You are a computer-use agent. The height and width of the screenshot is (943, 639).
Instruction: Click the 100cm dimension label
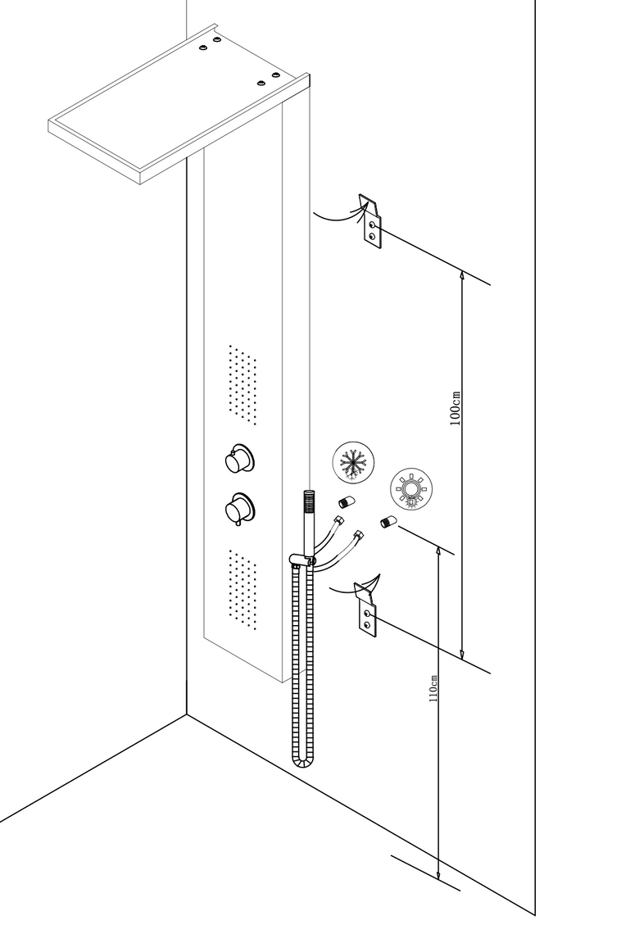click(455, 408)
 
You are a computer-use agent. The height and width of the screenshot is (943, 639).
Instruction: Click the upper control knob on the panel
click(238, 458)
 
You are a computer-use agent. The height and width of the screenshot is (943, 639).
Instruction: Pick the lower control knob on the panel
click(238, 508)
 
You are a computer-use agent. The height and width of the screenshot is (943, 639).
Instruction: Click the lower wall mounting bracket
click(367, 609)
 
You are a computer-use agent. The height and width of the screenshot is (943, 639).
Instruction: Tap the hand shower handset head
click(308, 502)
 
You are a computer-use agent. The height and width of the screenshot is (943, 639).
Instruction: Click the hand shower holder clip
click(301, 560)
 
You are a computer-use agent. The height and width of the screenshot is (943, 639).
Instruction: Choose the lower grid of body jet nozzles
click(242, 589)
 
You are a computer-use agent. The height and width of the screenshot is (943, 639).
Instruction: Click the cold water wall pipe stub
click(347, 501)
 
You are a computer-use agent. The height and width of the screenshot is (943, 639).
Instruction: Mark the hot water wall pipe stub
click(387, 521)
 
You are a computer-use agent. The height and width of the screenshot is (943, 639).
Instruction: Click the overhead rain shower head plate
click(179, 104)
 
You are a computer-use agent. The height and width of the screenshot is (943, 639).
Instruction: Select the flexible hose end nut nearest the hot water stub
click(359, 534)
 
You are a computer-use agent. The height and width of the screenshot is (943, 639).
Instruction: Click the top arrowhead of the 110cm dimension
click(439, 552)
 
